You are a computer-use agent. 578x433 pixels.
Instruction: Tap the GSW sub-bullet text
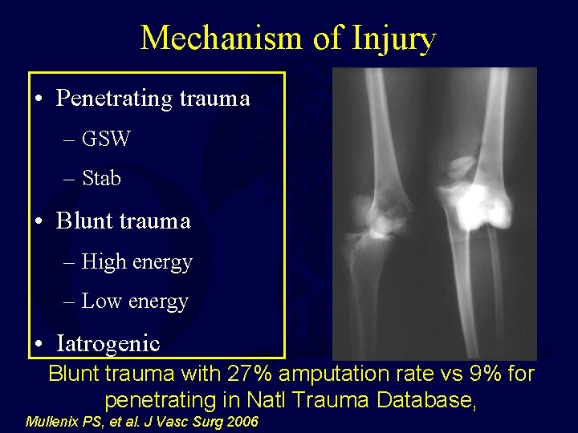[x=105, y=139]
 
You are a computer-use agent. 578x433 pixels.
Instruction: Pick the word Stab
[x=101, y=178]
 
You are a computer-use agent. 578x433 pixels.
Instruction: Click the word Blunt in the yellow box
[x=83, y=221]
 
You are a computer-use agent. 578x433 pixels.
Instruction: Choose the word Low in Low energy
[x=101, y=301]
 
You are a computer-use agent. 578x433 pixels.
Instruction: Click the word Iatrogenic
[x=108, y=343]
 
